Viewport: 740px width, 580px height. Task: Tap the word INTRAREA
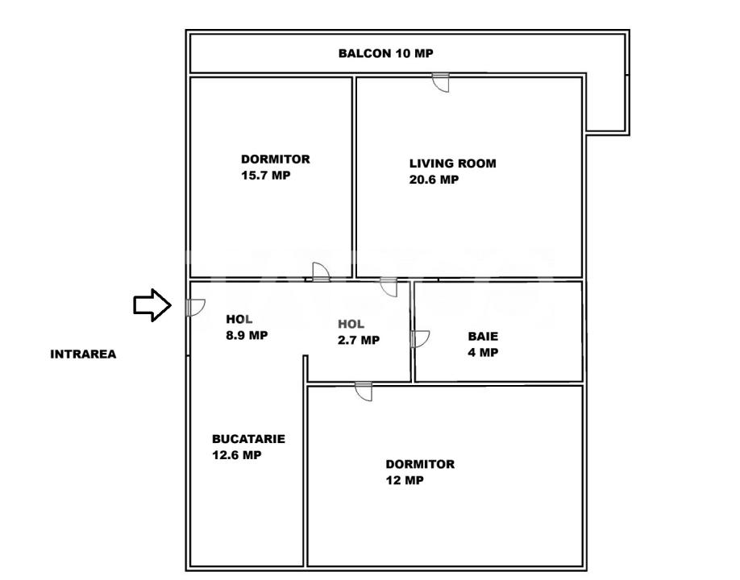coord(83,354)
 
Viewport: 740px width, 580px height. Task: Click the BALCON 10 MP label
coord(385,54)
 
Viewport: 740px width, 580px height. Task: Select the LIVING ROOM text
coord(452,164)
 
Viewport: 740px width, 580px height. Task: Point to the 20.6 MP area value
coord(434,180)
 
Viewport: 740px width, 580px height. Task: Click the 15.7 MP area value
coord(265,176)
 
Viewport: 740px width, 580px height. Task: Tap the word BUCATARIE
coord(248,439)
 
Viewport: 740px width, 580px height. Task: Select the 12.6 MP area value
coord(236,455)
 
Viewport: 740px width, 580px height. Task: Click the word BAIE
coord(483,337)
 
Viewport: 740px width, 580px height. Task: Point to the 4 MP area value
coord(483,353)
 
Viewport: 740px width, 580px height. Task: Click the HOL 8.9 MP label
coord(247,327)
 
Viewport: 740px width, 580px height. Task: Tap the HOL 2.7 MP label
coord(358,332)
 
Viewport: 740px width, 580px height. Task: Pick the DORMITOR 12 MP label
coord(419,472)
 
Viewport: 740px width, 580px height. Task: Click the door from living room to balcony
coord(441,81)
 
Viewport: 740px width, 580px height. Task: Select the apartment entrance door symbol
coord(195,307)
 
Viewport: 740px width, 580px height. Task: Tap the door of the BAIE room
coord(419,339)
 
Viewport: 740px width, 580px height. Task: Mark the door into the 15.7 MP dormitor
coord(321,272)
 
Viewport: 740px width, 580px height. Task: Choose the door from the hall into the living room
coord(389,286)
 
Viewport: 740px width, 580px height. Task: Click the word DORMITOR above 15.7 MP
coord(275,159)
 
